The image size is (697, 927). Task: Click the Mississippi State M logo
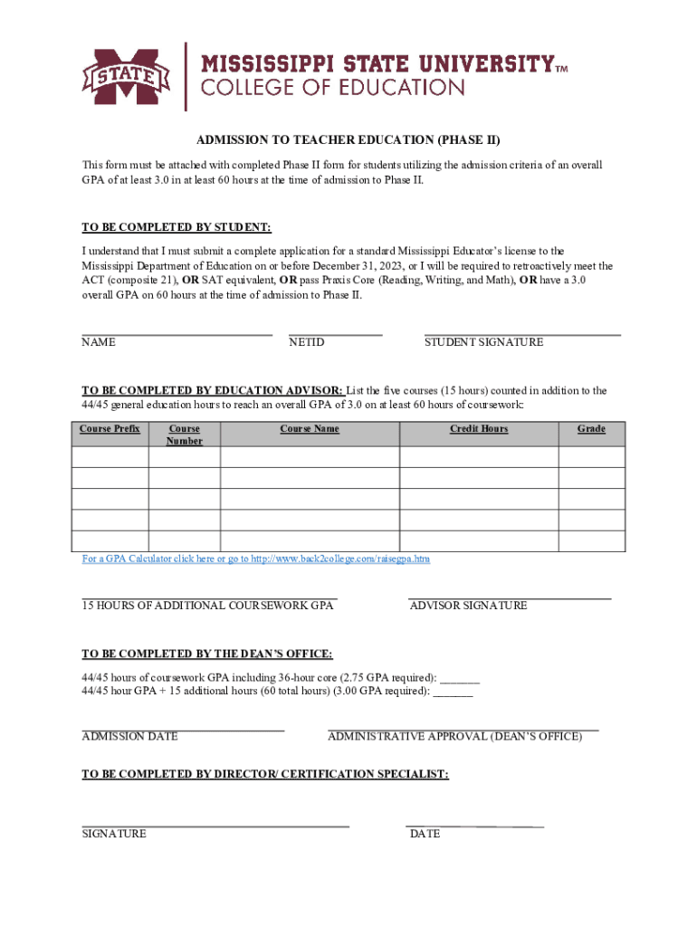127,76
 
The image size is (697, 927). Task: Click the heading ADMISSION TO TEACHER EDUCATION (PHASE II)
348,140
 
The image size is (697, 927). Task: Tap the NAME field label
99,342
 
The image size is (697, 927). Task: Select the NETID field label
307,342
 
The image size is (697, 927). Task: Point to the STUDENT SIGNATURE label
484,342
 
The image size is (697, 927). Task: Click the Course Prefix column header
110,429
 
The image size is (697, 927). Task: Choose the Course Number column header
185,435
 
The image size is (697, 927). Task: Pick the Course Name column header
310,429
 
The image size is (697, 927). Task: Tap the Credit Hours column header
479,429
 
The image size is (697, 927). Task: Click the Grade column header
591,429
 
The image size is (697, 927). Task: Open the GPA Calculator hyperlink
256,559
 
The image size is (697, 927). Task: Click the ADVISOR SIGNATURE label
468,605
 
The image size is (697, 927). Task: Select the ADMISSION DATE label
129,736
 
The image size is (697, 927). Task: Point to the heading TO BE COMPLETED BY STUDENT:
177,226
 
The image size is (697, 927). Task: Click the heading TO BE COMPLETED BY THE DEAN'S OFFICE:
207,654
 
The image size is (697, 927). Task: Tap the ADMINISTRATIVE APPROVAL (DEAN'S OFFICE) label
454,736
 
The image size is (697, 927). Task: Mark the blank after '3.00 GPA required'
453,692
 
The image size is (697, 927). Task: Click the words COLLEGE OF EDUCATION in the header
331,89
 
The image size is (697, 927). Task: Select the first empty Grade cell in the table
591,456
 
